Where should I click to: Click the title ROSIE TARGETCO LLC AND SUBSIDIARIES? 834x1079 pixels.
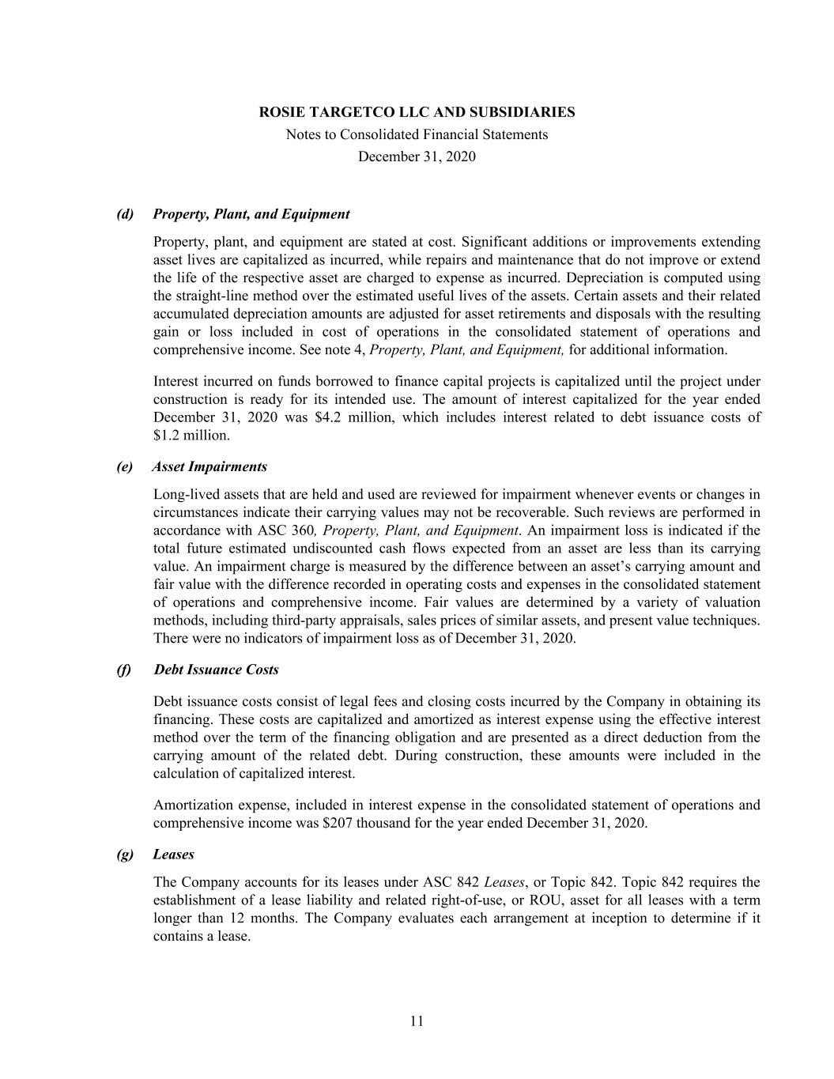(x=417, y=112)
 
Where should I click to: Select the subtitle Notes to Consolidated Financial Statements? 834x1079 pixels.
(x=417, y=134)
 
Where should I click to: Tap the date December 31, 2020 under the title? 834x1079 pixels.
(x=417, y=157)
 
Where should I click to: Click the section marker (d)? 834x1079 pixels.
(x=125, y=214)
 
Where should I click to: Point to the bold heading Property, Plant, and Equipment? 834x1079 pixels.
(x=251, y=214)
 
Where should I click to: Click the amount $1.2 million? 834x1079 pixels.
(x=180, y=436)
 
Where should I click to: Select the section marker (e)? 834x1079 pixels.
(x=125, y=466)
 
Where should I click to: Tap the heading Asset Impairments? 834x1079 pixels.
(x=209, y=466)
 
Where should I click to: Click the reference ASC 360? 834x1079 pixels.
(x=289, y=530)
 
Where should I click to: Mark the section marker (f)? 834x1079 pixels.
(x=124, y=670)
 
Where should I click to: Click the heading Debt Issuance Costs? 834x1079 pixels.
(x=216, y=670)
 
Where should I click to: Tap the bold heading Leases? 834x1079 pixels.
(x=173, y=855)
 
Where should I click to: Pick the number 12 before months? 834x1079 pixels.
(x=237, y=919)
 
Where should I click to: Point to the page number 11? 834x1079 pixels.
(x=417, y=1021)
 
